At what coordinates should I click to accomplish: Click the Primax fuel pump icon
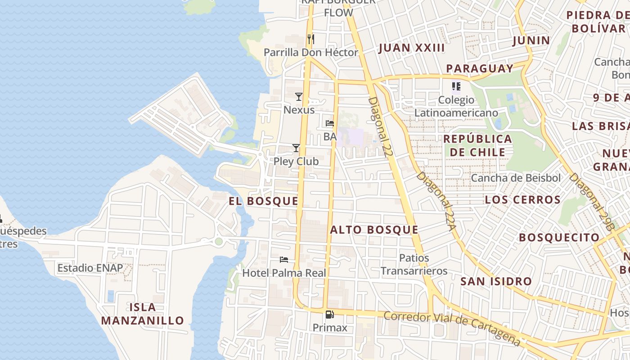(x=330, y=315)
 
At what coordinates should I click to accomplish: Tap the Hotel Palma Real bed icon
(x=284, y=259)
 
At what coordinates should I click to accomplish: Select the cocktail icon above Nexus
(x=298, y=96)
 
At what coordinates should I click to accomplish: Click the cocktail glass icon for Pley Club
(x=296, y=148)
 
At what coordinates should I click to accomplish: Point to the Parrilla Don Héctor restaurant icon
(x=310, y=39)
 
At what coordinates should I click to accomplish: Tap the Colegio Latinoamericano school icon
(x=456, y=86)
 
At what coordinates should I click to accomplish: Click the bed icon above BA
(x=330, y=123)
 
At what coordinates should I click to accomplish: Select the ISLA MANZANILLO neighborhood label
(x=143, y=314)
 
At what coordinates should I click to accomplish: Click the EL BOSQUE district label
(x=263, y=201)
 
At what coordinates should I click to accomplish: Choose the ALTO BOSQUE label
(x=374, y=230)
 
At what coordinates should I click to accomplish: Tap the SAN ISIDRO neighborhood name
(x=496, y=282)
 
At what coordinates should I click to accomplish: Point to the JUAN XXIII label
(x=412, y=48)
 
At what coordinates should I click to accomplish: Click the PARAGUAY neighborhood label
(x=480, y=68)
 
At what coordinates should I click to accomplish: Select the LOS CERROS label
(x=523, y=200)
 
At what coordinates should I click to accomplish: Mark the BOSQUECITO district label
(x=559, y=237)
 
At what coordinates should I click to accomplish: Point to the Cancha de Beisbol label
(x=516, y=178)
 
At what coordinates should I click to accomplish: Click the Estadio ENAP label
(x=90, y=268)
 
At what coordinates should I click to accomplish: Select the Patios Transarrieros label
(x=414, y=265)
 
